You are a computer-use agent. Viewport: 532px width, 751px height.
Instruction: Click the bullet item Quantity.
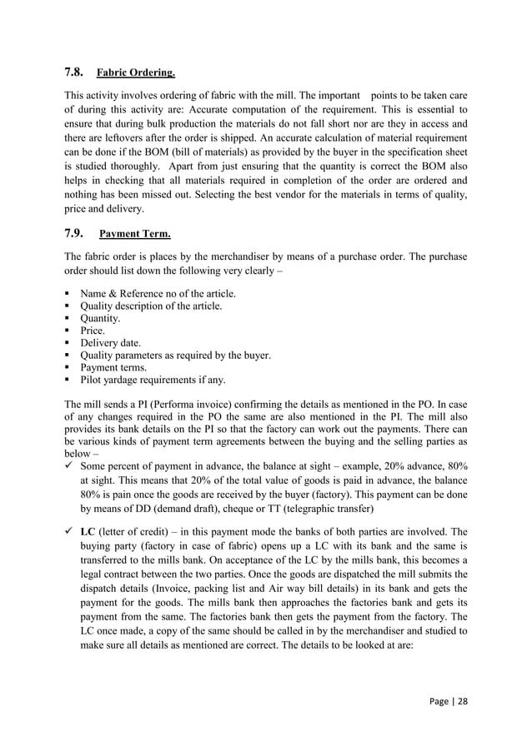tap(100, 318)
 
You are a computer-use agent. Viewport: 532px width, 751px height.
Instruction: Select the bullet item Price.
tap(93, 331)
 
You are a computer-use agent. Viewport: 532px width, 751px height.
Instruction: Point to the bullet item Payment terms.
tap(113, 367)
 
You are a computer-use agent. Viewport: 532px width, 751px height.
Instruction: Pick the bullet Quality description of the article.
tap(151, 306)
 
